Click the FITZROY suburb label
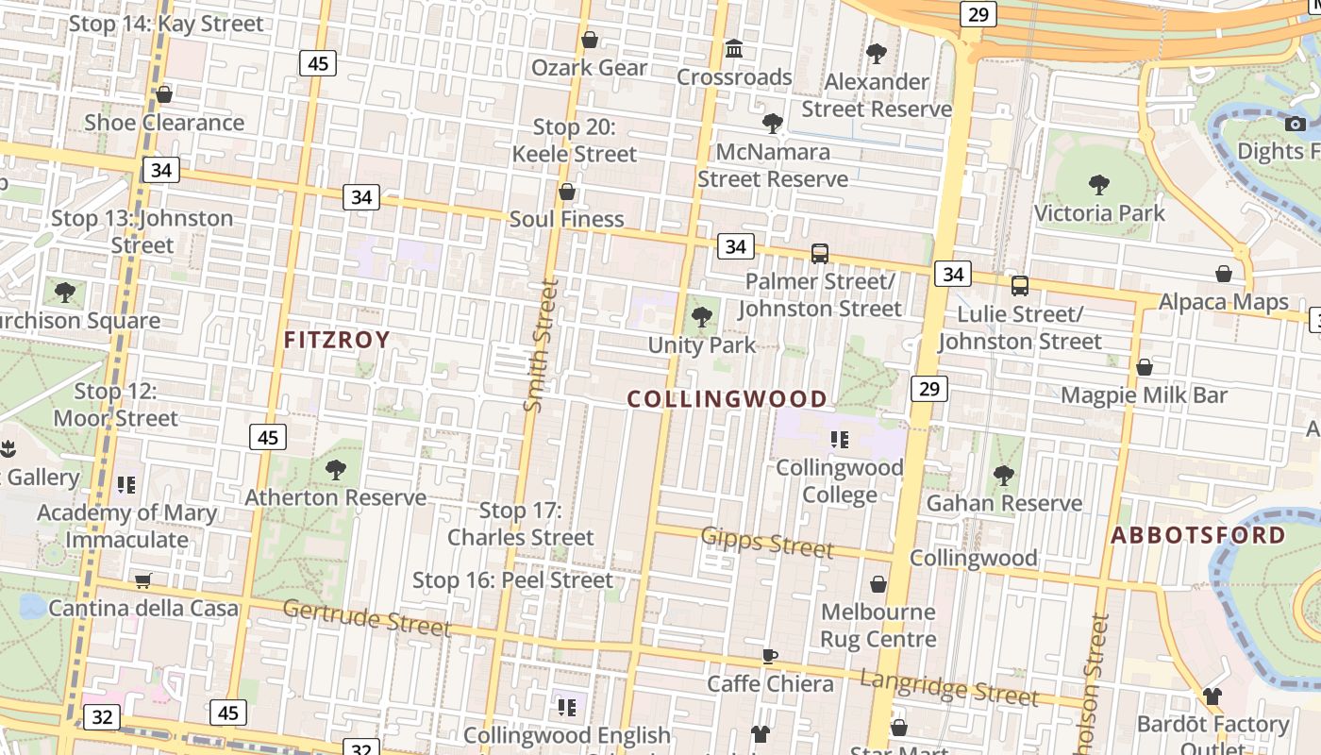337,340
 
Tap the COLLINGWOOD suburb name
727,399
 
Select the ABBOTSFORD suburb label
1198,535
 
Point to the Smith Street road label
541,344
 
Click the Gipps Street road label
767,542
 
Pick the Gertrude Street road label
366,617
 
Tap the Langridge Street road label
948,688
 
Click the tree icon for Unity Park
702,317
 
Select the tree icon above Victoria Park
1098,184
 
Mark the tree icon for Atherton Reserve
335,469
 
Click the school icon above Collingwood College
839,439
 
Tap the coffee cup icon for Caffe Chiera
770,656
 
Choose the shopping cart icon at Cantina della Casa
142,580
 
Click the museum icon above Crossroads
733,48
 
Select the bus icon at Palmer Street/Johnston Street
820,253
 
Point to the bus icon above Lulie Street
1019,285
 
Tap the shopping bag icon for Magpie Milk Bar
1145,366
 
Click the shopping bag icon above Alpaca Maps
1224,274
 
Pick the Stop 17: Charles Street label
521,524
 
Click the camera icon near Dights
1296,124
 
